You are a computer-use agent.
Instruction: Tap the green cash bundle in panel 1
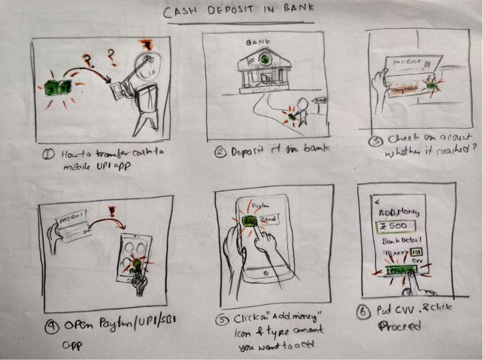coord(58,87)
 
